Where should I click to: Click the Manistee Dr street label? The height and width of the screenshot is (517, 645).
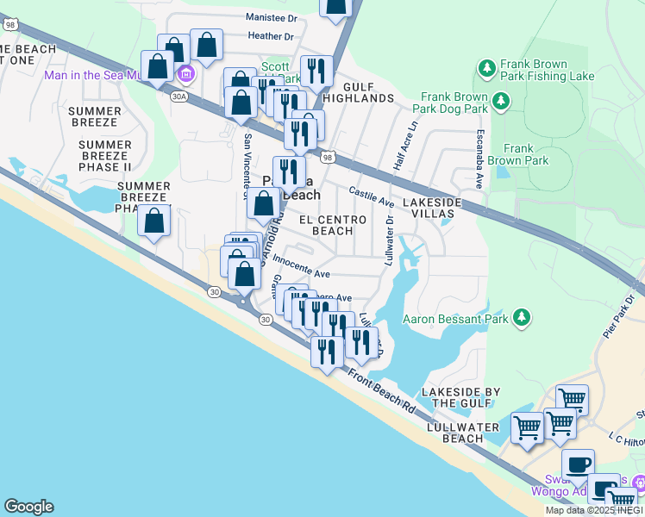point(270,17)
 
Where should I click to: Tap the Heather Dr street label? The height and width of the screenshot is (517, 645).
point(270,36)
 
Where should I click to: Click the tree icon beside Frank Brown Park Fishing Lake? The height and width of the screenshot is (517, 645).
point(486,67)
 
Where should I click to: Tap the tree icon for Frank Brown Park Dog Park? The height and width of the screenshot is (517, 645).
point(500,103)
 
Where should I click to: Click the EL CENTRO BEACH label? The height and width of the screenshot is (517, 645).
point(332,225)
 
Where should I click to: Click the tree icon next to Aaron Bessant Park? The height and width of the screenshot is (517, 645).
point(521,319)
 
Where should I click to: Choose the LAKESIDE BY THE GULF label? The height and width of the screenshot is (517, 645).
point(460,397)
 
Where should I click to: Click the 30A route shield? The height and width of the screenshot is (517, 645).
point(179,97)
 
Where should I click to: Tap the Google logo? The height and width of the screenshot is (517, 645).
point(28,507)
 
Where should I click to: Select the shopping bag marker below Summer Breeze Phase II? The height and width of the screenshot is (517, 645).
point(154,222)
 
